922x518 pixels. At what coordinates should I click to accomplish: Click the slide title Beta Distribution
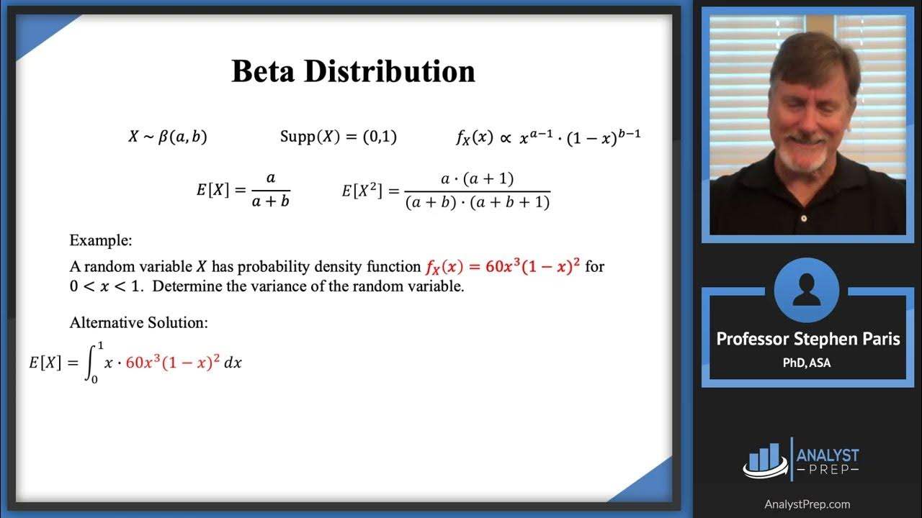coord(353,72)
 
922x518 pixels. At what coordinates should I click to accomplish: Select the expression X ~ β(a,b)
coord(168,137)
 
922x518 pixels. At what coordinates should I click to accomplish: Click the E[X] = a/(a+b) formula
coord(243,191)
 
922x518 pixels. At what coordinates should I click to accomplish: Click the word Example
coord(101,240)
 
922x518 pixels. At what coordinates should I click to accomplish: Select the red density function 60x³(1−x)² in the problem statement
coord(503,267)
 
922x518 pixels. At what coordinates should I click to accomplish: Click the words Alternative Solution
coord(139,322)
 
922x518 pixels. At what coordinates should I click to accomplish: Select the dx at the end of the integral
coord(233,363)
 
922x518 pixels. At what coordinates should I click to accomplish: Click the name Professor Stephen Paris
coord(808,339)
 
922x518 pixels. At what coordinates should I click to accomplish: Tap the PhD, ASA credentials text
coord(807,363)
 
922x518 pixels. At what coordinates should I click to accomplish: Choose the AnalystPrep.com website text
coord(807,504)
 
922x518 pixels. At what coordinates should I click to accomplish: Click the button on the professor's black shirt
coord(803,217)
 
